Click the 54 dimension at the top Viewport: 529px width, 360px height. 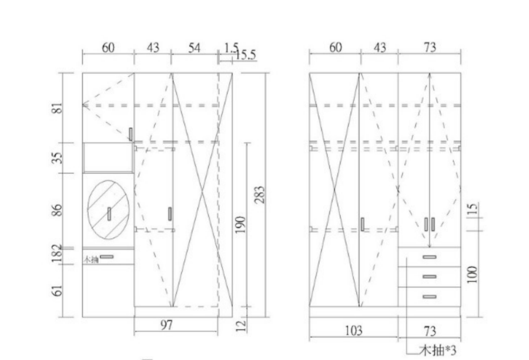tap(193, 48)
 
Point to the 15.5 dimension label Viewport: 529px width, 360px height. tap(245, 55)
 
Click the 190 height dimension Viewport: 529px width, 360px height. tap(240, 224)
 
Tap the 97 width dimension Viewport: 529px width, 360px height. tap(167, 326)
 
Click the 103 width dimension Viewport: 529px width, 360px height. tap(353, 331)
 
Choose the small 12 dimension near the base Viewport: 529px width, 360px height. tap(240, 325)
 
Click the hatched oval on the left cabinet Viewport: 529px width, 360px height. tap(109, 211)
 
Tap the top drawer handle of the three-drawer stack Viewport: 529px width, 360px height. tap(430, 257)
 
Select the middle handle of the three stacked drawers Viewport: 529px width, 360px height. tap(430, 276)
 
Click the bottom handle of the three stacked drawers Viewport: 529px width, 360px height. tap(430, 296)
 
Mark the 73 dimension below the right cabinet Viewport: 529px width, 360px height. tap(430, 331)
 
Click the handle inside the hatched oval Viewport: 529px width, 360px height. tap(109, 214)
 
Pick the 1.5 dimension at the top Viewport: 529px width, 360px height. tap(230, 47)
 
